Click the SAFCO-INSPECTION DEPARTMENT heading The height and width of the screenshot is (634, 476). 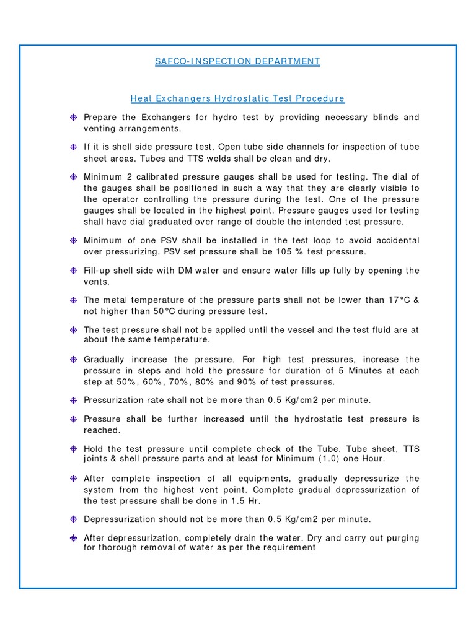pyautogui.click(x=237, y=61)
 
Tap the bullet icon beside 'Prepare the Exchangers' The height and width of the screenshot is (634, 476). pyautogui.click(x=73, y=118)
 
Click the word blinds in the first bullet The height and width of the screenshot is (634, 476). pyautogui.click(x=383, y=117)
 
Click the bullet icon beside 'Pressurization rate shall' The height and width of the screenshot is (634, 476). pyautogui.click(x=73, y=400)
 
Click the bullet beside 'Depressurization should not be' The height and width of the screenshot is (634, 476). pyautogui.click(x=73, y=519)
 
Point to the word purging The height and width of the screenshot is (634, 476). pyautogui.click(x=403, y=538)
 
